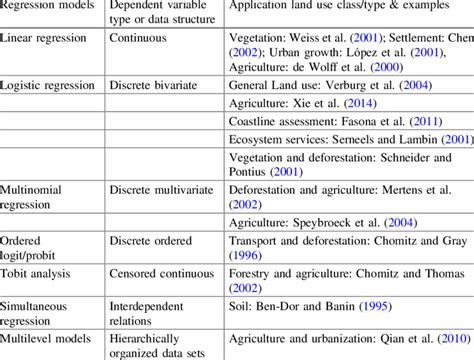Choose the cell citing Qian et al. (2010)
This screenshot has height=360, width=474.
pyautogui.click(x=349, y=341)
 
